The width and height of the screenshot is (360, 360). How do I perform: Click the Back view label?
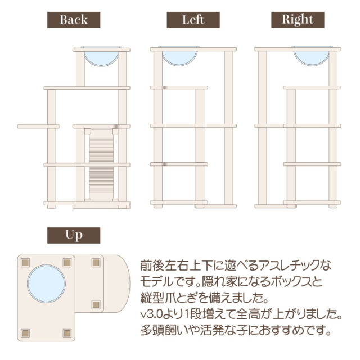[x=74, y=20]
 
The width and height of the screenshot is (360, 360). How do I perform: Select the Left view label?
[x=193, y=20]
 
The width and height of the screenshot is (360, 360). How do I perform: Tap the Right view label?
[x=298, y=20]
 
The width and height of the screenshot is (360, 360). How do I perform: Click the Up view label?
[x=74, y=235]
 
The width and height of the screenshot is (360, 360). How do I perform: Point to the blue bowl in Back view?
[x=101, y=56]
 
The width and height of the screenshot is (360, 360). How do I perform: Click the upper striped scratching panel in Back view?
[x=101, y=146]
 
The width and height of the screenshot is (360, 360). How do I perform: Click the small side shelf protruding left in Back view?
[x=38, y=126]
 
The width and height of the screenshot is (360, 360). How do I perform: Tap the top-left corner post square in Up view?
[x=25, y=262]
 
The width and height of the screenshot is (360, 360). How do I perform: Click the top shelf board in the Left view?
[x=193, y=49]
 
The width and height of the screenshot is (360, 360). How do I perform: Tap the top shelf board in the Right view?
[x=298, y=49]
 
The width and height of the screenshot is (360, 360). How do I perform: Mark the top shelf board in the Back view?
[x=101, y=49]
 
